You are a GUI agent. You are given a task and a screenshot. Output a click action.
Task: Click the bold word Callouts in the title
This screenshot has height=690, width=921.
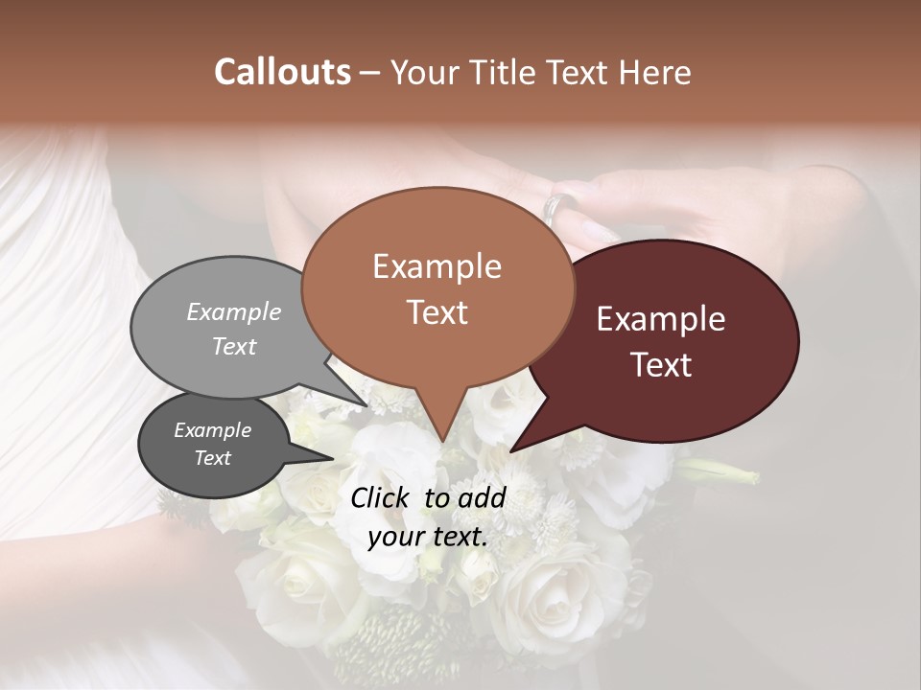pyautogui.click(x=282, y=73)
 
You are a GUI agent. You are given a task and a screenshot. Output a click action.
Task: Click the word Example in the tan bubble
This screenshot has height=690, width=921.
pyautogui.click(x=437, y=266)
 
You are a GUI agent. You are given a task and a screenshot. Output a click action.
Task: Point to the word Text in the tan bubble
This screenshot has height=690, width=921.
pyautogui.click(x=437, y=312)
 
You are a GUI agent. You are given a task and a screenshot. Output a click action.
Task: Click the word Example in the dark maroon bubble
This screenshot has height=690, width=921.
pyautogui.click(x=661, y=319)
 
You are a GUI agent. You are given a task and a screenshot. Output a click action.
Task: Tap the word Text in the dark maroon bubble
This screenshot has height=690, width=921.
pyautogui.click(x=661, y=365)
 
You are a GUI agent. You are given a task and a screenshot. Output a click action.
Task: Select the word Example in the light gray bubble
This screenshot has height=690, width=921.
pyautogui.click(x=234, y=311)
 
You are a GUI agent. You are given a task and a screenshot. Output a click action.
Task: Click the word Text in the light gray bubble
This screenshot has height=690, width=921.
pyautogui.click(x=234, y=346)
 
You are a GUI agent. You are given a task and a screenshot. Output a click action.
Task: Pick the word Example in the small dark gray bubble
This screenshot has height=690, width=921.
pyautogui.click(x=213, y=430)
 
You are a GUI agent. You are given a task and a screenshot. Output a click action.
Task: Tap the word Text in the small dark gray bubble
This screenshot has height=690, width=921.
pyautogui.click(x=213, y=458)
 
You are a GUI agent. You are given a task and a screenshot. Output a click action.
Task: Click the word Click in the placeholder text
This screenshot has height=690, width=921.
pyautogui.click(x=383, y=497)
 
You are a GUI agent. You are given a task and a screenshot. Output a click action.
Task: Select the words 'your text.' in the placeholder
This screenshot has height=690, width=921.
pyautogui.click(x=428, y=537)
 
